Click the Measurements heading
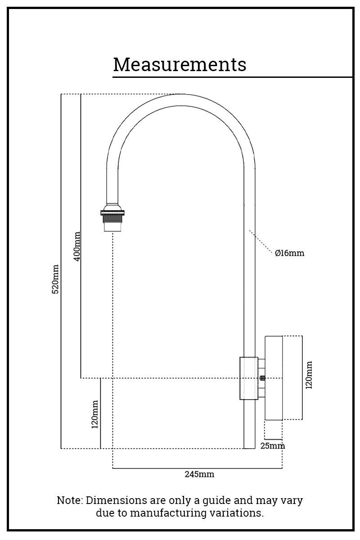pos(180,64)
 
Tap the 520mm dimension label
pos(55,279)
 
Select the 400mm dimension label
pos(76,246)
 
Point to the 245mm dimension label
pos(199,474)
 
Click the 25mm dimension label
pos(273,446)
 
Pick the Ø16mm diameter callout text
pos(289,253)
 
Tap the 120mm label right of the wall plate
pos(309,375)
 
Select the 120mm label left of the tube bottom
pos(95,414)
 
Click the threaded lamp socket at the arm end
pos(112,218)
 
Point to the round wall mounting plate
pos(274,378)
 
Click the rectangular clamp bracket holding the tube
pos(248,378)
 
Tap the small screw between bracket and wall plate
pos(262,378)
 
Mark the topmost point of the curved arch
pos(180,94)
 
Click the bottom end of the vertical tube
pos(249,447)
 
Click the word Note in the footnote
pos(70,500)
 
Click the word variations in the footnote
pos(241,513)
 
